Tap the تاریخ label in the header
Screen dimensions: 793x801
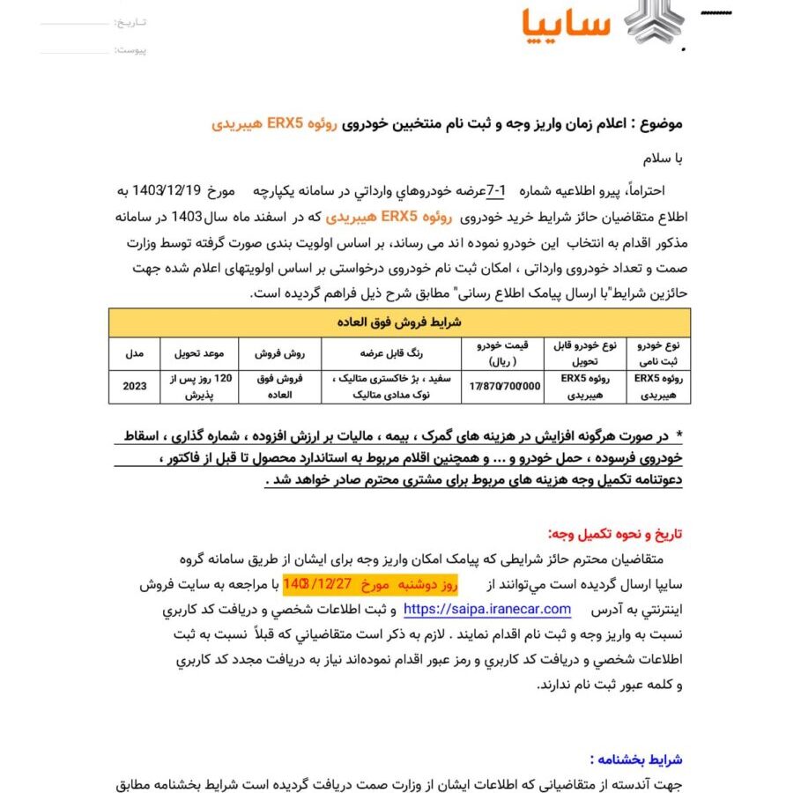click(x=133, y=21)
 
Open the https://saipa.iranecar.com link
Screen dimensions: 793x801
click(x=487, y=610)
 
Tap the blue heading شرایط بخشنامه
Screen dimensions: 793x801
click(x=634, y=759)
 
